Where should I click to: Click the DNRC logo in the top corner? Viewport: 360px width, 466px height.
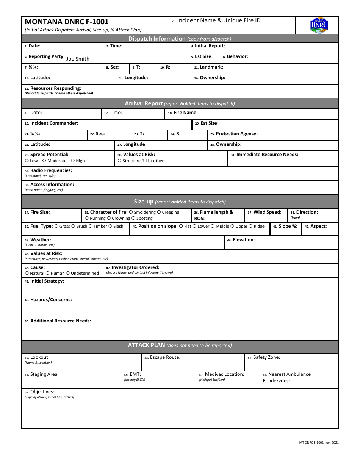pos(319,25)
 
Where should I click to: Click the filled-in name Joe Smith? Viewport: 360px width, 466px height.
pos(78,59)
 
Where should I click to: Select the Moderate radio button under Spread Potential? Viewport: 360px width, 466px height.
pos(44,161)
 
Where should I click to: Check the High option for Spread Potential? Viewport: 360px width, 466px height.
pos(73,161)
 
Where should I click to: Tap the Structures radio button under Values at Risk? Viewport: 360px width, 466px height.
pos(119,161)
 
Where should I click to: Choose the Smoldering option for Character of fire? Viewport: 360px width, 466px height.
pos(131,212)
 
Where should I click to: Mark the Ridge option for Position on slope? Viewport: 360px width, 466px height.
pos(250,226)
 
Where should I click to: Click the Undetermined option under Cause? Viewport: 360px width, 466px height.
pos(68,273)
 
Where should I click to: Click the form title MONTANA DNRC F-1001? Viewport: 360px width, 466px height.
pos(67,22)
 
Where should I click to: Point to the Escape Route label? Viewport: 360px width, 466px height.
pos(165,357)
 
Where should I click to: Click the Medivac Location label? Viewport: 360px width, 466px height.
pos(224,374)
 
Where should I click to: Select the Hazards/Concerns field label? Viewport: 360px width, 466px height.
pos(51,300)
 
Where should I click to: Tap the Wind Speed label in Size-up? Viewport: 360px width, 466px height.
pos(267,212)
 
